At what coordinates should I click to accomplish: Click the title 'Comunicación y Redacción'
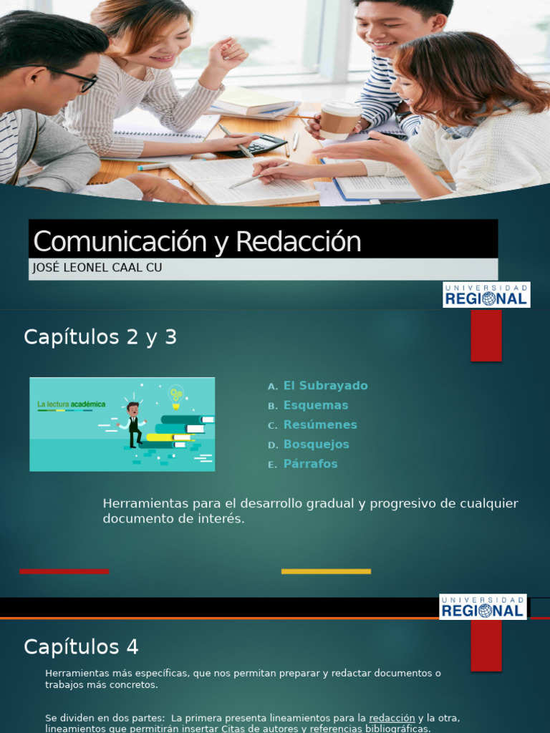tap(197, 242)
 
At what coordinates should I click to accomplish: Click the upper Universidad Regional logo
tap(486, 294)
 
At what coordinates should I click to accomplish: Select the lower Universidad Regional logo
tap(483, 606)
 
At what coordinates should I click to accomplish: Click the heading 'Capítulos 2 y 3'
tap(100, 337)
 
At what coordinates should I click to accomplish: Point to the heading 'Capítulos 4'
tap(81, 647)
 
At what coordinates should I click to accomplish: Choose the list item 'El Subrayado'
tap(325, 386)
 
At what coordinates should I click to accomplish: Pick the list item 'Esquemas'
tap(316, 405)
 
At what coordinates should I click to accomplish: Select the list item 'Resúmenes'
tap(320, 424)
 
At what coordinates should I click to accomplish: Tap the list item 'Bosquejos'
tap(317, 444)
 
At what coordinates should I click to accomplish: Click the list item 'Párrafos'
tap(311, 464)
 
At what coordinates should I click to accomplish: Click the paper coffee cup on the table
tap(339, 120)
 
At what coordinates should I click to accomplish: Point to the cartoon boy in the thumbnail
tap(133, 424)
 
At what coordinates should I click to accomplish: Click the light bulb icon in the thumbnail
tap(175, 394)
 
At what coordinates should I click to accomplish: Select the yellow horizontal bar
tap(326, 571)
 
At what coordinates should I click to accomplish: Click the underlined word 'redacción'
tap(392, 718)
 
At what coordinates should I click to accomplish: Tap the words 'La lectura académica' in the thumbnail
tap(72, 404)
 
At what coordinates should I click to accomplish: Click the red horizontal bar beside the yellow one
tap(64, 571)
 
